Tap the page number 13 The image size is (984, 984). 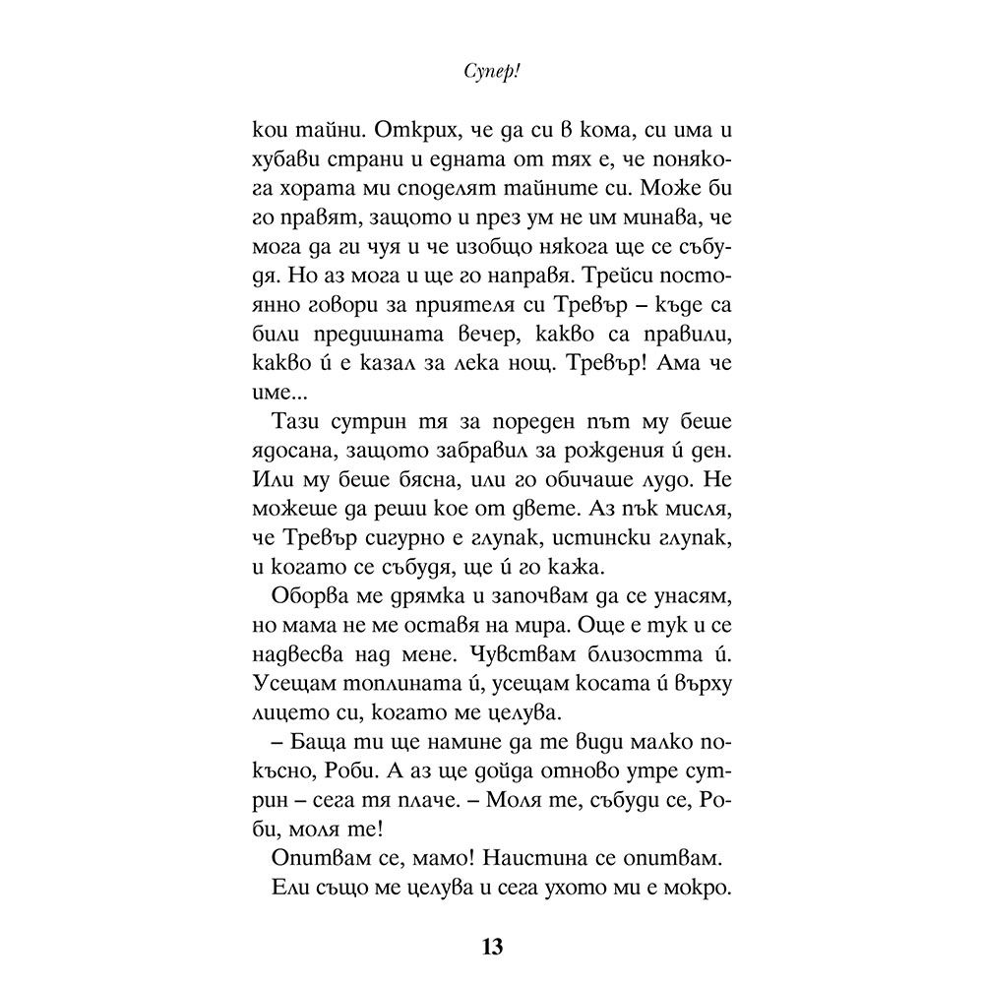coord(492,947)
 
